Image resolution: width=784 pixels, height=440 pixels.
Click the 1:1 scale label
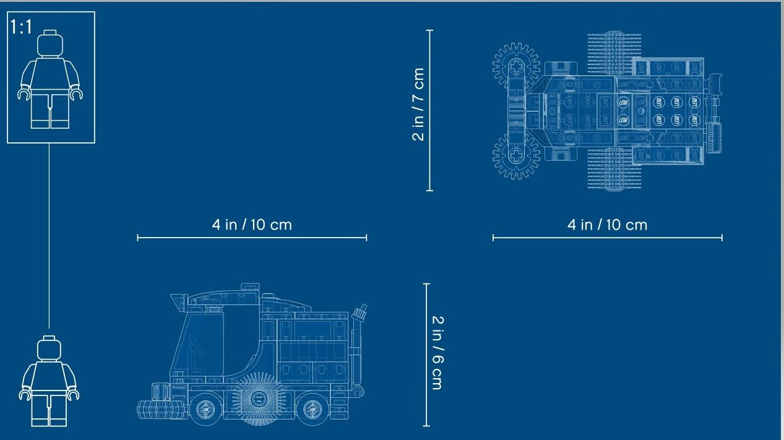coord(21,27)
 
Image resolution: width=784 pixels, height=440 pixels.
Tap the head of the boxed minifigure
coord(50,43)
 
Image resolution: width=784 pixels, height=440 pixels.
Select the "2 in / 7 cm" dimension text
coord(418,105)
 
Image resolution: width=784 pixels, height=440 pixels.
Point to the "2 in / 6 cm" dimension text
coord(438,353)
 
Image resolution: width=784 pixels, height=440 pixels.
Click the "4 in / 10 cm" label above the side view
coord(252,225)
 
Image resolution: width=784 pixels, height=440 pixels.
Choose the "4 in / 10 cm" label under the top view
coord(607,225)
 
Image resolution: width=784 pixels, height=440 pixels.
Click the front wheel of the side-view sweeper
coord(205,409)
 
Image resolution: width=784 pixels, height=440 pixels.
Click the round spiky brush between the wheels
coord(259,399)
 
